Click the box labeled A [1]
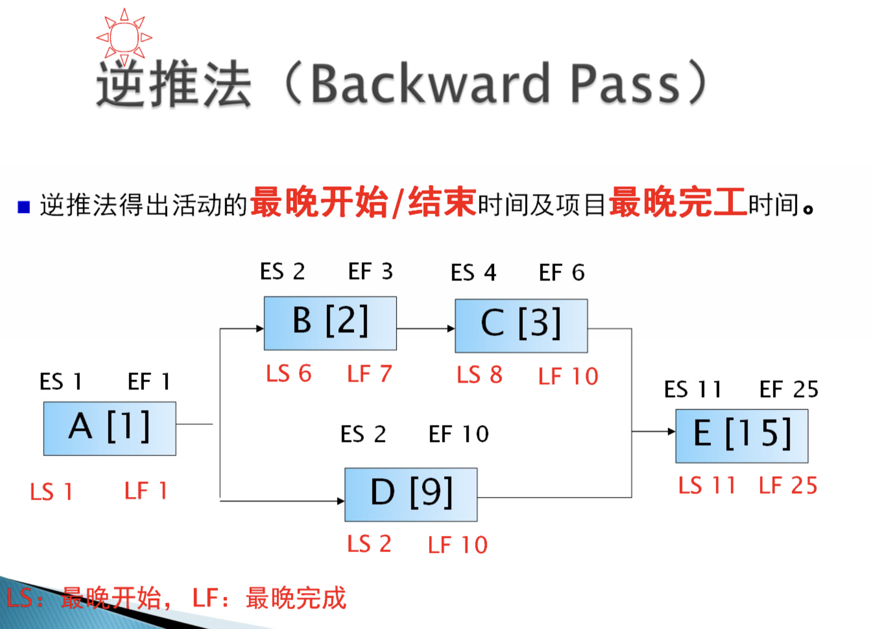click(110, 429)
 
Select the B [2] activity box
click(330, 323)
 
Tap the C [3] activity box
click(521, 326)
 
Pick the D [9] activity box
click(411, 494)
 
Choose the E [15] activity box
click(742, 436)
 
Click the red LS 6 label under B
click(288, 373)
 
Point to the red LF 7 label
click(369, 373)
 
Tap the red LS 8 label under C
click(479, 374)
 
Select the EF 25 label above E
click(789, 389)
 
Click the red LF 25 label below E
click(788, 485)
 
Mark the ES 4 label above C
click(473, 272)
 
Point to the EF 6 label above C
click(562, 272)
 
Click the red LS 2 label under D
click(369, 544)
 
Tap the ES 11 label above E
click(693, 389)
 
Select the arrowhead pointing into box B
click(260, 328)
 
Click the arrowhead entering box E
click(671, 431)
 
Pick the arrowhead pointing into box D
click(341, 501)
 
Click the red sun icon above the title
click(124, 37)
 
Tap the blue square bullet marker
click(23, 207)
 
